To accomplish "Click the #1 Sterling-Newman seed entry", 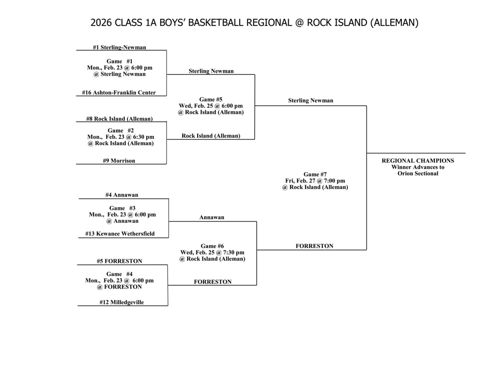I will pos(119,47).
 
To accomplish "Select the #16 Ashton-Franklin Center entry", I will pos(119,93).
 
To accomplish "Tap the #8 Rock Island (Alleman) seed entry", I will pos(119,119).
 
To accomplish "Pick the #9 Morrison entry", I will pos(119,161).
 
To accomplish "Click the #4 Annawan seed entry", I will pos(121,195).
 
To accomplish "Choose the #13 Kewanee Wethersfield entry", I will pos(120,234).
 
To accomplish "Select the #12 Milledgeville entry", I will pos(121,302).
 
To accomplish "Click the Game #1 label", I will pos(120,61).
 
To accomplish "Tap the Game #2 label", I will pos(120,131).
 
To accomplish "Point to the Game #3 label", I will pos(122,208).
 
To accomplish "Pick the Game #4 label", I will pos(120,274).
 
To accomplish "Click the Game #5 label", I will pos(210,99).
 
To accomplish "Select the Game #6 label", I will pos(212,246).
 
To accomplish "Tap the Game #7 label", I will pos(315,174).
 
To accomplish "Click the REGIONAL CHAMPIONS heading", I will pos(418,160).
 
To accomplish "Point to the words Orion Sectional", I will pos(418,174).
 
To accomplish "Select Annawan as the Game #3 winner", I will pos(212,217).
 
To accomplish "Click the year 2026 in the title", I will pos(101,23).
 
